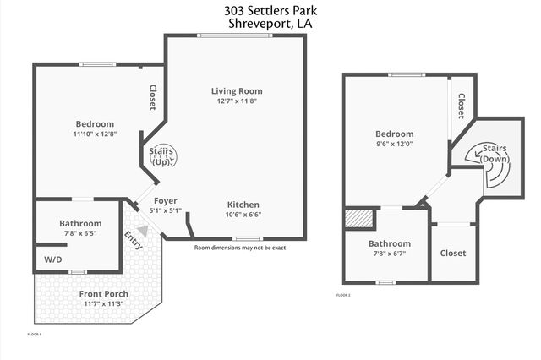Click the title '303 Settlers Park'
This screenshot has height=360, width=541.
click(x=270, y=10)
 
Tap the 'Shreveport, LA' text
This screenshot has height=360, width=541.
click(x=270, y=25)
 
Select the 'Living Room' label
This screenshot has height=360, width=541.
click(x=237, y=91)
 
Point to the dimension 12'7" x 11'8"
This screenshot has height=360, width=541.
click(x=237, y=102)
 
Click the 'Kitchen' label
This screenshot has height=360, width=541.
click(x=243, y=205)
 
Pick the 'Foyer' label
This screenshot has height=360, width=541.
click(x=165, y=200)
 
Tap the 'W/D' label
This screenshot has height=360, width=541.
click(x=52, y=259)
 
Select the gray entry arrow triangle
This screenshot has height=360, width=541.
click(x=142, y=230)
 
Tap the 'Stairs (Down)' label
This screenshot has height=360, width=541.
click(x=495, y=154)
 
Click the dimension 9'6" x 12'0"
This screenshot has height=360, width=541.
click(x=395, y=144)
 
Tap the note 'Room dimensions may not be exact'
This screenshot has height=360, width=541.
click(x=240, y=248)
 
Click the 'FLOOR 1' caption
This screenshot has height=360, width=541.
click(x=35, y=335)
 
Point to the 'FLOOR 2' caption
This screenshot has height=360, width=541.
click(x=342, y=295)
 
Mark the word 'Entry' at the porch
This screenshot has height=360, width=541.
click(x=134, y=240)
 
